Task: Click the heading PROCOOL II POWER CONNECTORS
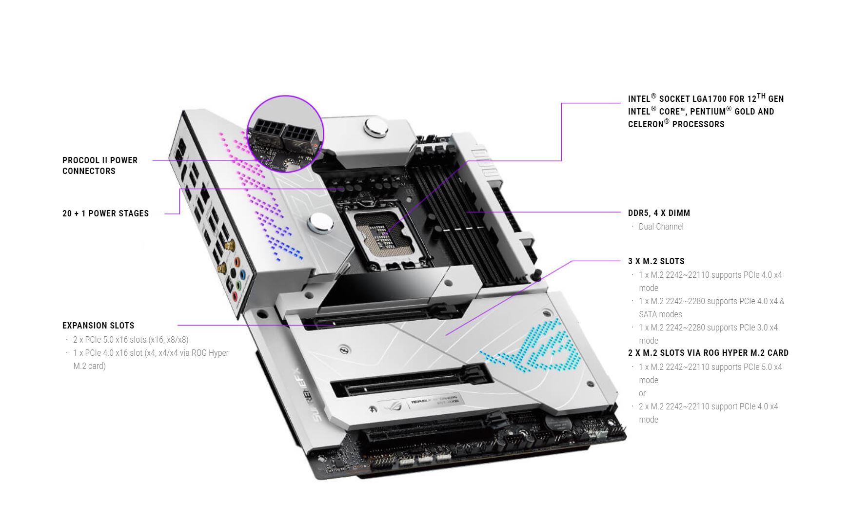point(100,166)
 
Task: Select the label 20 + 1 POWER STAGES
point(106,213)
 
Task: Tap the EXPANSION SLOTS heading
point(99,326)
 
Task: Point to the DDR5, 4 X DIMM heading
point(659,213)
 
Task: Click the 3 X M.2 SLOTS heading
point(656,261)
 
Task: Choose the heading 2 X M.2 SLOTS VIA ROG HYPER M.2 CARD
point(708,353)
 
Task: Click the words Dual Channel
point(661,227)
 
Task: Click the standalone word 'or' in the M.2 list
point(642,393)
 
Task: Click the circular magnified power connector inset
point(286,134)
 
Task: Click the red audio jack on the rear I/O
point(235,296)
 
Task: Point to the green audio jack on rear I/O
point(238,285)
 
